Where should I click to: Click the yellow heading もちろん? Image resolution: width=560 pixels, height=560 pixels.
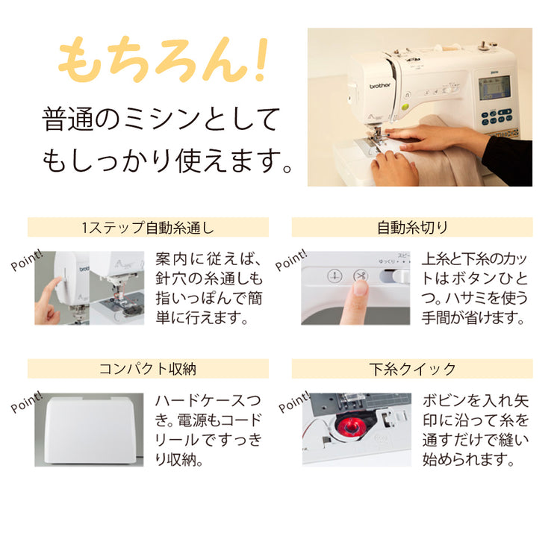click(163, 59)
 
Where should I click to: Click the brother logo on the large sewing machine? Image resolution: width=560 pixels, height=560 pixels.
click(379, 86)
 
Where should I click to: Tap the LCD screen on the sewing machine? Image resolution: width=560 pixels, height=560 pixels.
click(494, 88)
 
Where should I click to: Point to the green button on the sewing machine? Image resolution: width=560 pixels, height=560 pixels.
click(405, 107)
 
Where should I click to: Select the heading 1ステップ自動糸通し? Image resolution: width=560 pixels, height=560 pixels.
click(148, 227)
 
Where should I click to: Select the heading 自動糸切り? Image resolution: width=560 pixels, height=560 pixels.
click(412, 227)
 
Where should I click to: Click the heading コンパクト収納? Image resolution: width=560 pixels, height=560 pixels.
click(148, 369)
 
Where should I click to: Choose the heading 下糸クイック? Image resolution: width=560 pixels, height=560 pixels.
click(412, 369)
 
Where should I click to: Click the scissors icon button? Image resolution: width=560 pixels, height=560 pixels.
click(361, 276)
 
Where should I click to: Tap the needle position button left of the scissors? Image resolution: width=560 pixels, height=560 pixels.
click(335, 276)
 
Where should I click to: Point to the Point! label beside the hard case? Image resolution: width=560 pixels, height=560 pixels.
click(27, 402)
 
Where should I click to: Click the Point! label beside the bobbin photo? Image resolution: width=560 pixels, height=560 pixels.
click(294, 402)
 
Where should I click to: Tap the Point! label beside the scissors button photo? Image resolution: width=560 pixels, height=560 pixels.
click(291, 260)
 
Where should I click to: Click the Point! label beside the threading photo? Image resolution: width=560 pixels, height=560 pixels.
click(27, 260)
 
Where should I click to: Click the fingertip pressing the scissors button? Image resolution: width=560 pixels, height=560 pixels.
click(360, 288)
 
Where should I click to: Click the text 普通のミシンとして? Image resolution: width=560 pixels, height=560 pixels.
click(161, 119)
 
